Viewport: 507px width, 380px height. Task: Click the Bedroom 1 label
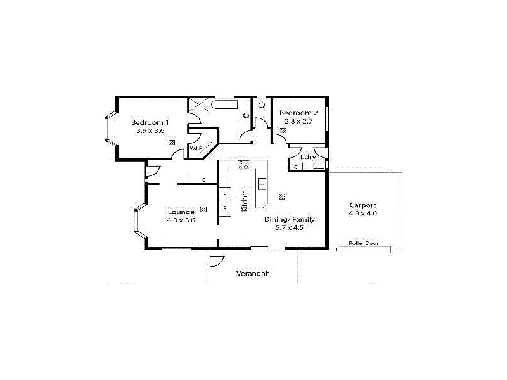click(150, 122)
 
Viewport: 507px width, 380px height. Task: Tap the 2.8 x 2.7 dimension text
click(297, 122)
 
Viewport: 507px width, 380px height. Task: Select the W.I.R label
click(195, 149)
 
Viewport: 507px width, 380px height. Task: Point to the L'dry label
click(308, 156)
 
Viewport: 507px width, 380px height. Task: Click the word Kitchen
click(245, 200)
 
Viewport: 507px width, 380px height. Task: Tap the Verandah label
click(253, 274)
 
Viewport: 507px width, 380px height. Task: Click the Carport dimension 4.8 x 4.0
click(363, 213)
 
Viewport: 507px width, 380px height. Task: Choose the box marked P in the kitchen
click(224, 194)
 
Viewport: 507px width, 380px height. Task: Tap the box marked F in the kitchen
click(224, 207)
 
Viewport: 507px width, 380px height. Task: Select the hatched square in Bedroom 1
click(172, 143)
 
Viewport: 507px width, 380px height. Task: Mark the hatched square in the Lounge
click(203, 209)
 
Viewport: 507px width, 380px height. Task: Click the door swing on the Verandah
click(216, 260)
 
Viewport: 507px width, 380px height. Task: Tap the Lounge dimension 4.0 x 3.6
click(181, 220)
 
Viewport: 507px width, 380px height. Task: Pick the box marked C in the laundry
click(297, 167)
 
